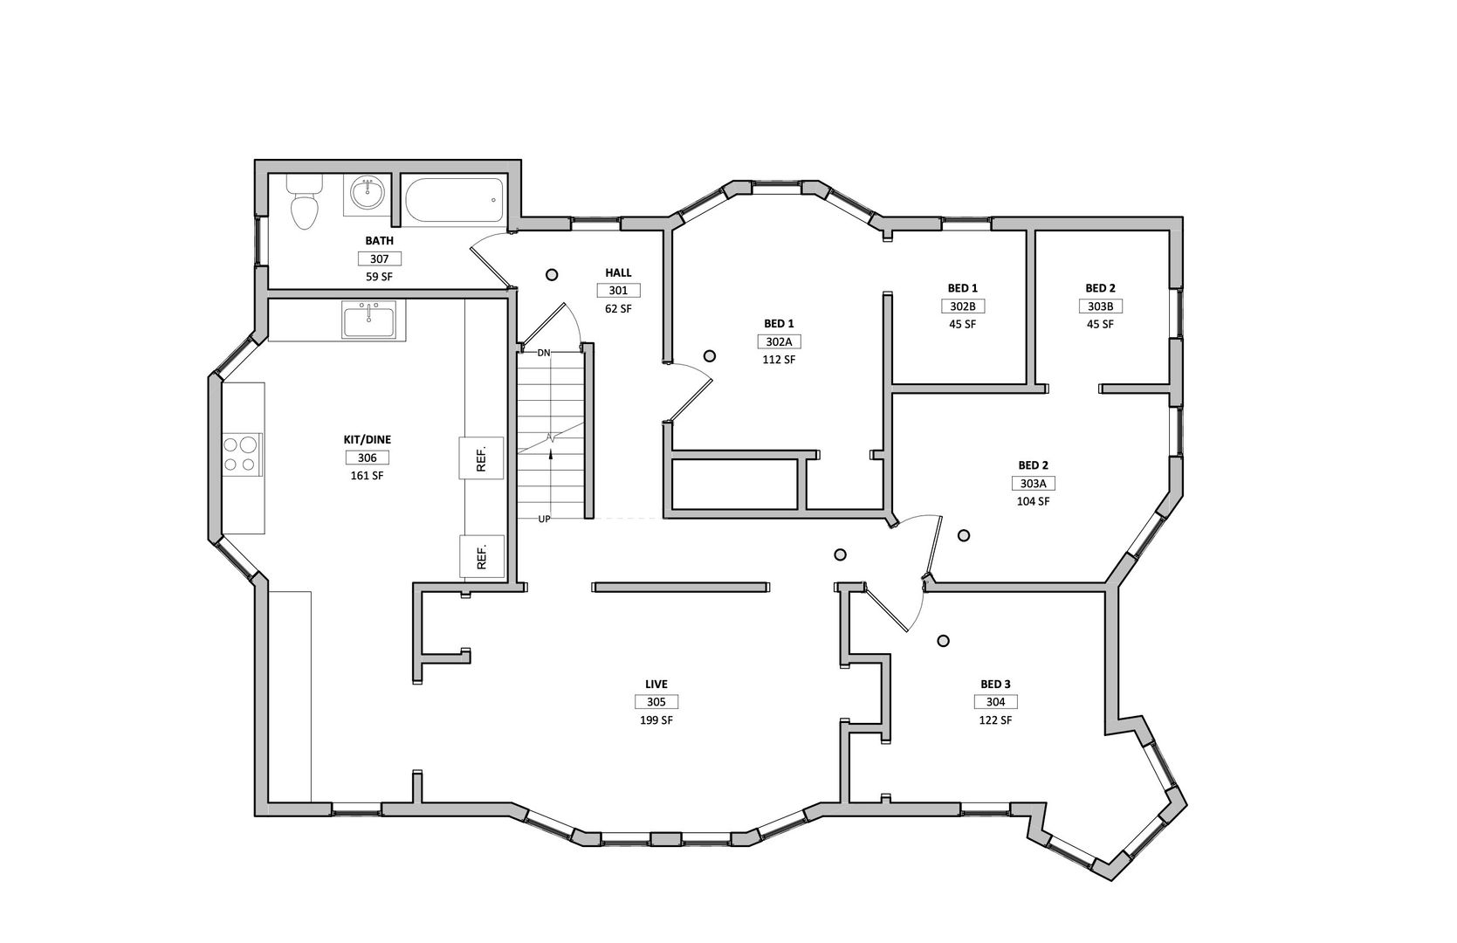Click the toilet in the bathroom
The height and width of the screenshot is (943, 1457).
point(305,202)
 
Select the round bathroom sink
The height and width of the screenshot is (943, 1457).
point(368,194)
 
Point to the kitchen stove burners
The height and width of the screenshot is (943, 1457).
point(240,454)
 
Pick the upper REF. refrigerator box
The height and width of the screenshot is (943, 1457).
point(481,458)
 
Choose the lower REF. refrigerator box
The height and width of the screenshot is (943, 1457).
point(482,556)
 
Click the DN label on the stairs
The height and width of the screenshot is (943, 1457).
point(544,353)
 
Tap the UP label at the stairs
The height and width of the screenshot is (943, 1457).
point(544,520)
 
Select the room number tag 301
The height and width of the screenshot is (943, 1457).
point(619,291)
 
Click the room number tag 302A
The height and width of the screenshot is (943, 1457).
point(779,341)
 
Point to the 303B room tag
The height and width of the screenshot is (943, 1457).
point(1100,306)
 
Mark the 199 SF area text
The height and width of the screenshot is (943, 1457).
point(656,719)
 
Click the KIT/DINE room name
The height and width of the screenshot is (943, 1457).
point(368,440)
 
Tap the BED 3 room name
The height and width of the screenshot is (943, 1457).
point(996,684)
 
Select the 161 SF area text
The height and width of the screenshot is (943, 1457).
point(367,476)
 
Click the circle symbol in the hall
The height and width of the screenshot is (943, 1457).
point(552,275)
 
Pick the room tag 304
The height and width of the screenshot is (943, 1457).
point(996,701)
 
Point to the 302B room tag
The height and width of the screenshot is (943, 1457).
point(963,306)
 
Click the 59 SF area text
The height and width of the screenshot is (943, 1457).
point(379,277)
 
